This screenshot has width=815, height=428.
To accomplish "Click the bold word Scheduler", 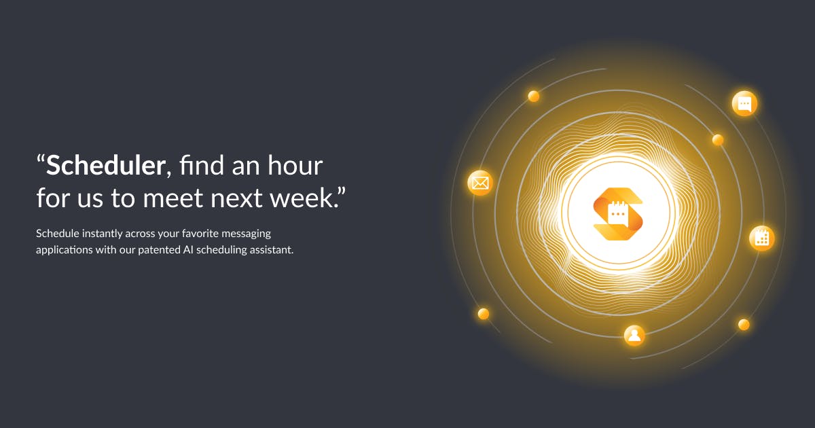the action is [x=106, y=165].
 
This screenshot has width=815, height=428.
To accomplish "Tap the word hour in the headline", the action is [x=295, y=165].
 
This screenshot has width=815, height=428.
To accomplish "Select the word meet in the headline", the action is [x=173, y=198].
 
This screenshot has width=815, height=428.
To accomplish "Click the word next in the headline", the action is [x=236, y=198].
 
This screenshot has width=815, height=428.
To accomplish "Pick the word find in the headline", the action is [x=201, y=165].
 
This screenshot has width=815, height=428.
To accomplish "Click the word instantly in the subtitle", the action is [x=103, y=234].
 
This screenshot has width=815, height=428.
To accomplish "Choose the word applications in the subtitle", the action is [x=65, y=251].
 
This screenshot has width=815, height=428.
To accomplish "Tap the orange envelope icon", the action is [x=480, y=183].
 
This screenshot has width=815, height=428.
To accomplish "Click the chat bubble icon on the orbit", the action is [x=744, y=104].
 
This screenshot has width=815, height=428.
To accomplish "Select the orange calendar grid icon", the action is [x=762, y=238].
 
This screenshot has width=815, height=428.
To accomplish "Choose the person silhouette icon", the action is [x=634, y=335].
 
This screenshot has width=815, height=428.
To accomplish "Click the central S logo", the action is [x=618, y=215].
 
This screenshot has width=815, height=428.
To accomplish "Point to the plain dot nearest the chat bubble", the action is [x=718, y=140].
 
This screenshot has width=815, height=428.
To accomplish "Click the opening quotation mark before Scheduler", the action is [x=40, y=159].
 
